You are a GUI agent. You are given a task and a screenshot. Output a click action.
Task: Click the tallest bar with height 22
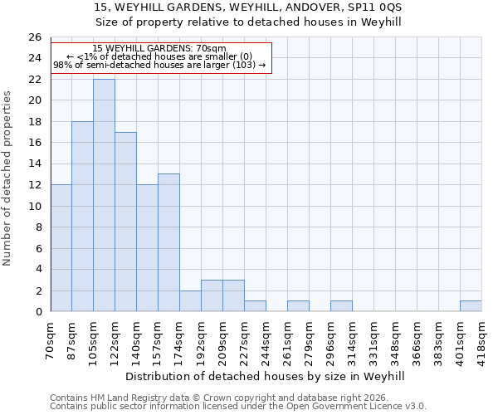[x=104, y=195]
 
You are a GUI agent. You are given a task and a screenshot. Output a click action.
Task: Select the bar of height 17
[x=125, y=222]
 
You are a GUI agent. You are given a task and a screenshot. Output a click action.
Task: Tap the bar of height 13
[x=168, y=242]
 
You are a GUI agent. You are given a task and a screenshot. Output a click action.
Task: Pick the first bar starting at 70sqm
[x=61, y=248]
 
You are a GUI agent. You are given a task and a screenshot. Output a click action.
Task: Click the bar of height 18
[x=82, y=216]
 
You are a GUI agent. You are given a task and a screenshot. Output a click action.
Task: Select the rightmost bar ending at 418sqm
[x=471, y=306]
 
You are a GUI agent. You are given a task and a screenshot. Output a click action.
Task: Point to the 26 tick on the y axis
[x=35, y=37]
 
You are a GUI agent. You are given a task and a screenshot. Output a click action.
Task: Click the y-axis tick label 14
[x=35, y=164]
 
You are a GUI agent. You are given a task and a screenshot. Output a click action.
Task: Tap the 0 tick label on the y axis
[x=38, y=312]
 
